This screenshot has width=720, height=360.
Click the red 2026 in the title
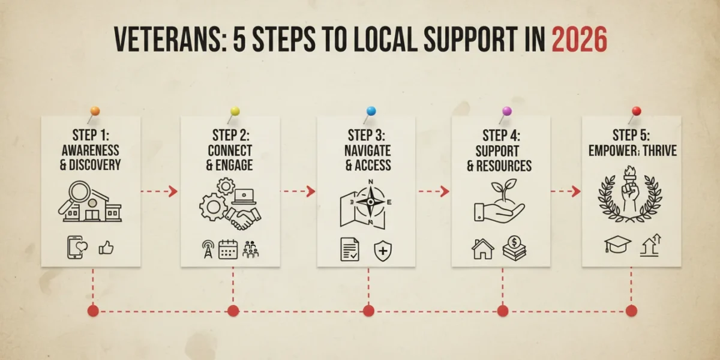[x=580, y=39]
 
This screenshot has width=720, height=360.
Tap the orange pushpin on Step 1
[x=95, y=111]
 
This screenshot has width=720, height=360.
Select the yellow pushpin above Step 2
[x=235, y=111]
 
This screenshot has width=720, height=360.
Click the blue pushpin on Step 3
[x=371, y=111]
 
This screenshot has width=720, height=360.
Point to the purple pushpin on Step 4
[x=507, y=111]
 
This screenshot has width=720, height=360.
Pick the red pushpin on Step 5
[x=637, y=111]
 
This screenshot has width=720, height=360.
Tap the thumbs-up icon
[x=106, y=248]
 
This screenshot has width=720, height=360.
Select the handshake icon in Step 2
[x=243, y=218]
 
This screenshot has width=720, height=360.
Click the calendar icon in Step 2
[x=228, y=250]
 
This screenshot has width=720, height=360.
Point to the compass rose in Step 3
[x=371, y=202]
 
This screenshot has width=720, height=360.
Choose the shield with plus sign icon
[x=383, y=251]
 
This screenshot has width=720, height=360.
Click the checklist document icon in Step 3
[x=350, y=250]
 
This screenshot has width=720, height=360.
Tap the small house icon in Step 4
[x=483, y=249]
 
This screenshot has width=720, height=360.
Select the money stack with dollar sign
[x=514, y=248]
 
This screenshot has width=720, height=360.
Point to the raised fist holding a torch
[x=630, y=189]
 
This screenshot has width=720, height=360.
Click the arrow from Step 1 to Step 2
[x=159, y=191]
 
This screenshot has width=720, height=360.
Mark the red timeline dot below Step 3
[x=368, y=311]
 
